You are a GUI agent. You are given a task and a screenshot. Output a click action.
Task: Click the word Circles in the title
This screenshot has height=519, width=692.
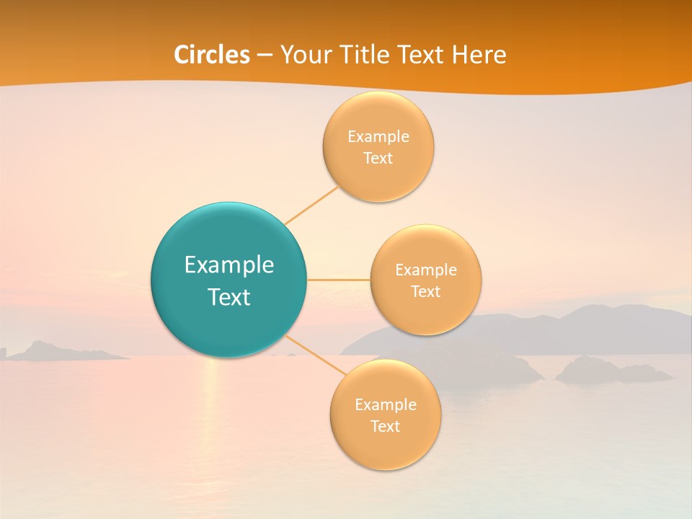[212, 55]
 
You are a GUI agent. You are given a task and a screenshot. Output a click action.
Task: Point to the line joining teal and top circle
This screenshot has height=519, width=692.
[312, 205]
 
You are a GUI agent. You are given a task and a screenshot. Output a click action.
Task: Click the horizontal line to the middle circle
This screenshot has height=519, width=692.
[339, 280]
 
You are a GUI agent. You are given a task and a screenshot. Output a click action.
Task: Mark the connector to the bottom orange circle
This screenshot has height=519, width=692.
[311, 355]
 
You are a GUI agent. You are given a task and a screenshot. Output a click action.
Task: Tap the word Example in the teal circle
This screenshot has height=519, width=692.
[229, 265]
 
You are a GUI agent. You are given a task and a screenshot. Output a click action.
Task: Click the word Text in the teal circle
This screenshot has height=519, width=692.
[229, 297]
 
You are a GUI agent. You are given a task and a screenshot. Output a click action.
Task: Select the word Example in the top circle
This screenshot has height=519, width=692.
[378, 136]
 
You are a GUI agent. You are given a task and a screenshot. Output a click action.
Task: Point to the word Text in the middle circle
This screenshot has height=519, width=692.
[426, 291]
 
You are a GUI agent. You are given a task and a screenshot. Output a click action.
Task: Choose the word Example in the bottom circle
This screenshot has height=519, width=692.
[386, 404]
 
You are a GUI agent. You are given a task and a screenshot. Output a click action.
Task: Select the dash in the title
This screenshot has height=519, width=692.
[265, 56]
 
